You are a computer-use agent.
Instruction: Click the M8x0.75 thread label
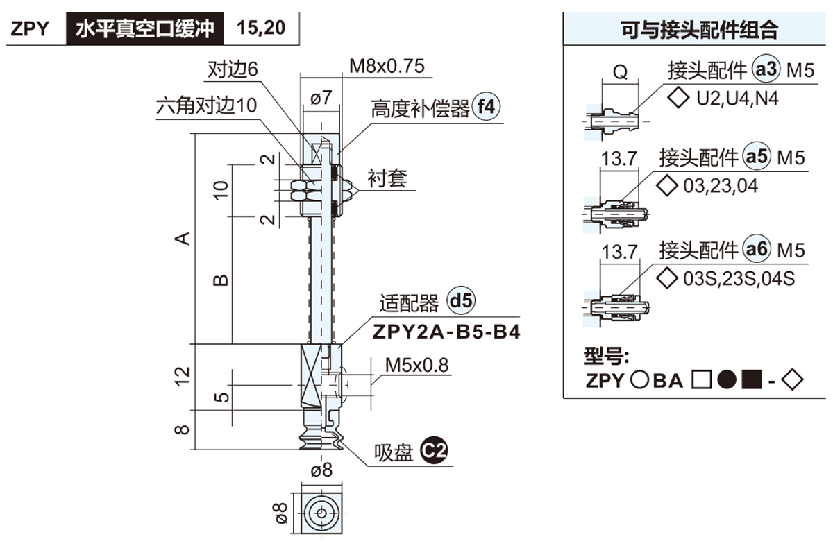click(387, 67)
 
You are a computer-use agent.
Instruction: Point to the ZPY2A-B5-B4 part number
click(446, 332)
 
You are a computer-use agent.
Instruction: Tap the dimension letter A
click(182, 238)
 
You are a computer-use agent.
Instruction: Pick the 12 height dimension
click(182, 375)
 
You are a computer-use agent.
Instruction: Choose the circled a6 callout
click(757, 249)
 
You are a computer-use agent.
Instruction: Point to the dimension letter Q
click(621, 71)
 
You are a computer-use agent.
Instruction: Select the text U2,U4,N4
click(737, 98)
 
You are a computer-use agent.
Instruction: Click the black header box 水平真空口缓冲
click(145, 29)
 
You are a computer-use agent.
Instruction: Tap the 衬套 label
click(387, 179)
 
